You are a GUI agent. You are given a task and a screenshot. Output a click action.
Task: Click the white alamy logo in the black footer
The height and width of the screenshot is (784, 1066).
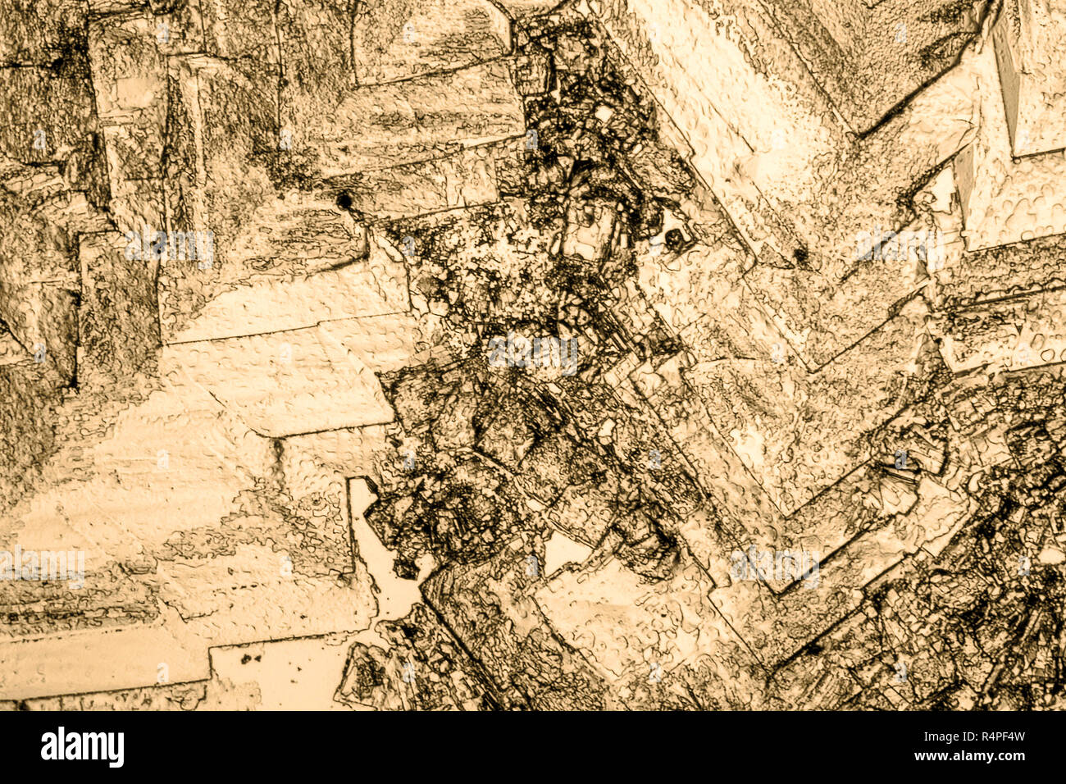coord(82,747)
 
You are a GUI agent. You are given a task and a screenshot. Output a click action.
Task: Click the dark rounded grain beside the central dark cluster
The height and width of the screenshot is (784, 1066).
coord(675,239)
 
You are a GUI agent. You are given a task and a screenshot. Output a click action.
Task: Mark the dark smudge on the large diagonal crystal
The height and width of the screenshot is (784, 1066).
coord(799,258)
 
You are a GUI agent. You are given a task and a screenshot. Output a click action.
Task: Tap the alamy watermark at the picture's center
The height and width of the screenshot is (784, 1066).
coord(533,353)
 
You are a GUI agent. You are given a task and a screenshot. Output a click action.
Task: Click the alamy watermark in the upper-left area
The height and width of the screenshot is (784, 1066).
coord(171,244)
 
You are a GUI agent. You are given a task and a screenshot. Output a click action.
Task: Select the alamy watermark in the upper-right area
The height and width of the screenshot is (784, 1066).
coord(898,244)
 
